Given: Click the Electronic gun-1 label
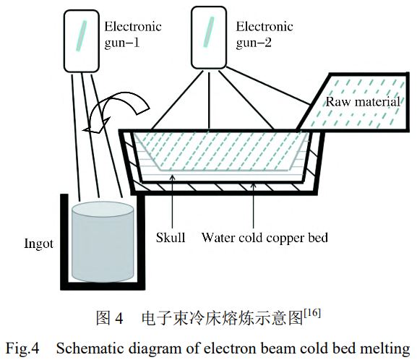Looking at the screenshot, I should [x=133, y=34].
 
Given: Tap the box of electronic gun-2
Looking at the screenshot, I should [x=212, y=35].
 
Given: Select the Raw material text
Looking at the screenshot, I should [x=362, y=102].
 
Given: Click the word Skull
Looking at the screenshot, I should [x=171, y=237].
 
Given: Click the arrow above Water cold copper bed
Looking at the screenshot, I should [x=252, y=206].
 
